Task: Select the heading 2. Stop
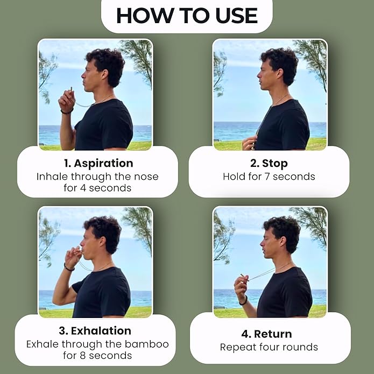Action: tap(269, 163)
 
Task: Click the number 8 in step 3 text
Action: tap(81, 356)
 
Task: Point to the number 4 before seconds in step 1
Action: tap(81, 188)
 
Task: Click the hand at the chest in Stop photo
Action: tap(249, 143)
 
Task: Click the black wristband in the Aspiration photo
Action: tap(66, 111)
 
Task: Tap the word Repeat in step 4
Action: tap(238, 348)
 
